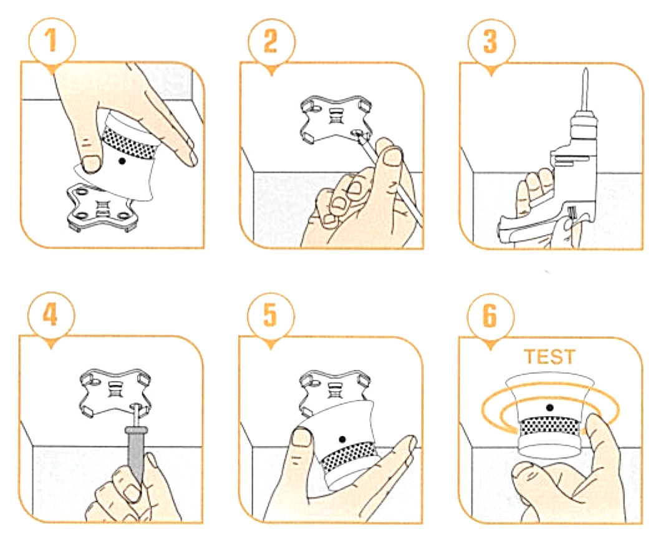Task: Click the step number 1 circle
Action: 52,41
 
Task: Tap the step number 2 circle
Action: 271,41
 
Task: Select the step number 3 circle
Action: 491,41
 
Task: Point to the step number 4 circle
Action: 51,314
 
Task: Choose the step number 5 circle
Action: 271,314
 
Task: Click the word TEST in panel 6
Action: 549,357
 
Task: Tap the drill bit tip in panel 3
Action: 586,69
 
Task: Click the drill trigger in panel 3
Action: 571,213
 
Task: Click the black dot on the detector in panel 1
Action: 122,161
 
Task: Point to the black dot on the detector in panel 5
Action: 342,440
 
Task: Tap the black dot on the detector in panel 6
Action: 549,408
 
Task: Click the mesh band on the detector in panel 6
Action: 549,427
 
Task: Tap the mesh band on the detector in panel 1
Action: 130,142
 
